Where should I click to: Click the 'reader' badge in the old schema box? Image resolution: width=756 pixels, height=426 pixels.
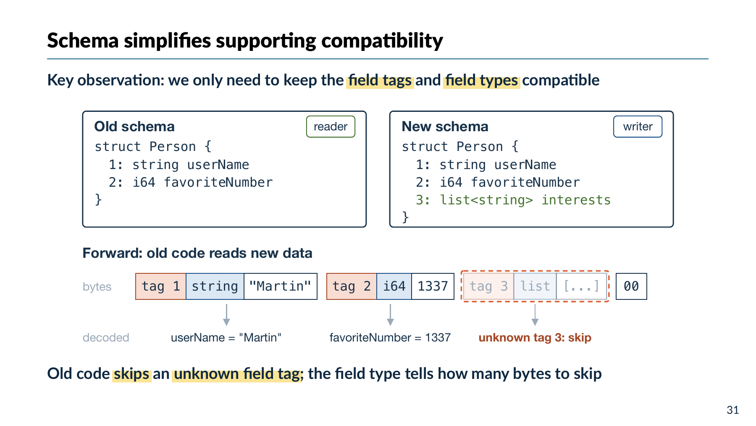click(x=331, y=127)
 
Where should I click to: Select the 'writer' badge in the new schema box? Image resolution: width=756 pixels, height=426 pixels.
click(x=638, y=127)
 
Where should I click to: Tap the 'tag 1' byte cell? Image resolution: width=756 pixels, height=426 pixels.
click(x=161, y=286)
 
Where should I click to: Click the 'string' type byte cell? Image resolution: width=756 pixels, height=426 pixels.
click(x=215, y=286)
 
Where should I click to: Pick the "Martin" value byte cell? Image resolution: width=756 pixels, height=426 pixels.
click(x=280, y=286)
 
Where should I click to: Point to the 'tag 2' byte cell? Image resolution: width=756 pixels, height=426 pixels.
click(x=352, y=286)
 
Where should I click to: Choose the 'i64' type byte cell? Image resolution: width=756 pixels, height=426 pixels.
click(x=394, y=286)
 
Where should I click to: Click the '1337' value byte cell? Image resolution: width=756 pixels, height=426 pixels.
click(x=433, y=286)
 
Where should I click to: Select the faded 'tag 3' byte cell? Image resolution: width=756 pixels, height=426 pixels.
click(x=488, y=286)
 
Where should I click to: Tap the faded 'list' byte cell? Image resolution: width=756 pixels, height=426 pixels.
click(x=535, y=286)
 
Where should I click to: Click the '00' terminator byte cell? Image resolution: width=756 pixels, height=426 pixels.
click(x=631, y=286)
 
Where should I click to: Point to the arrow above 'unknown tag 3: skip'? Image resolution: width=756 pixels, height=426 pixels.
click(x=535, y=315)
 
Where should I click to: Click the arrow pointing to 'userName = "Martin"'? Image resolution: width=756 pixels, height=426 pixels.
click(x=226, y=315)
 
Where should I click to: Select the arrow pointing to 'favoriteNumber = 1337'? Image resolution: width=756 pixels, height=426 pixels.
click(x=390, y=315)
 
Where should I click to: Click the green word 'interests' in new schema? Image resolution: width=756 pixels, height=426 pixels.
click(x=576, y=200)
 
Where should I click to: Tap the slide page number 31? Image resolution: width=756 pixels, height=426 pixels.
click(x=733, y=410)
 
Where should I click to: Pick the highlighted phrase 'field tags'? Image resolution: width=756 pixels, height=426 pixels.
click(x=380, y=80)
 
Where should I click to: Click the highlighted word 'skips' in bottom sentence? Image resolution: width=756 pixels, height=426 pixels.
click(x=131, y=374)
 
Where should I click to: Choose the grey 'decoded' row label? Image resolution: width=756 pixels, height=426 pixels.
click(x=106, y=338)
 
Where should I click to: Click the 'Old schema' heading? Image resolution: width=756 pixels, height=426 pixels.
click(x=134, y=127)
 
